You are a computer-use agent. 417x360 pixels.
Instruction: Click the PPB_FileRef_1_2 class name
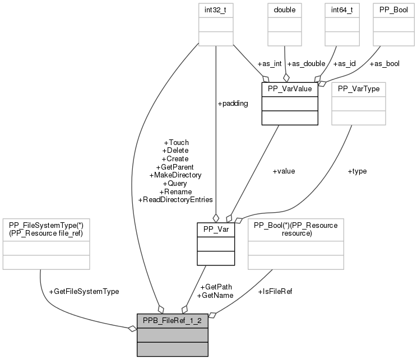pos(173,321)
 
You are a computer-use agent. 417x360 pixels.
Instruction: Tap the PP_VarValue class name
pos(289,89)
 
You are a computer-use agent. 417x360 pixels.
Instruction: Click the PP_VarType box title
pos(359,89)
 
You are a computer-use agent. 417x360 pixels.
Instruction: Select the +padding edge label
pos(233,103)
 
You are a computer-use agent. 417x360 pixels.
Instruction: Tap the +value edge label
pos(283,171)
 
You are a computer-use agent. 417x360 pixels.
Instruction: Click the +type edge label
pos(357,171)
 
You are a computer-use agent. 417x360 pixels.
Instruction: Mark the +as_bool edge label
pos(384,63)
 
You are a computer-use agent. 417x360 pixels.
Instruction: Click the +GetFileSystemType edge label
pos(84,291)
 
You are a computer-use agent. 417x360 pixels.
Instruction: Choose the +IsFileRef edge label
pos(275,291)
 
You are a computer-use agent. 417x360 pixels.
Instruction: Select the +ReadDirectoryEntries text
pos(175,199)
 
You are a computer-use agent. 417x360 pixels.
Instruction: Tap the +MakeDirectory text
pos(175,175)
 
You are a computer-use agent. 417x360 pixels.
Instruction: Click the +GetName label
pos(215,295)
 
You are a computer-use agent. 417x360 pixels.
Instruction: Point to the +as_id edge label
pos(344,63)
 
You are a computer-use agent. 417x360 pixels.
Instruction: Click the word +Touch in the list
pos(175,142)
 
